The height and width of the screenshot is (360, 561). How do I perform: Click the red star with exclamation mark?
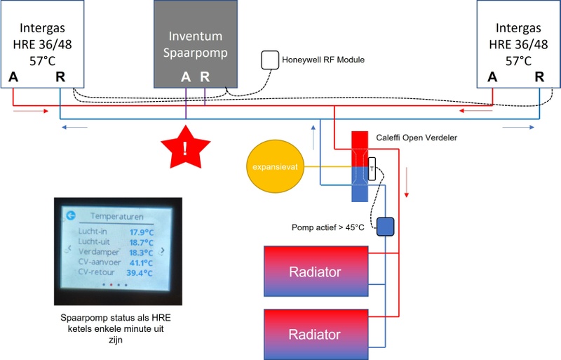tap(185, 148)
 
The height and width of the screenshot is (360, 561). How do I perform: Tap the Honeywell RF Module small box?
tap(270, 60)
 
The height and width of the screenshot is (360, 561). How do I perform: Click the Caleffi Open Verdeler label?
tap(417, 138)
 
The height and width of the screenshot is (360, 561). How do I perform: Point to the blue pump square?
tap(386, 226)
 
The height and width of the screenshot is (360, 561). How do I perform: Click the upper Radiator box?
tap(316, 272)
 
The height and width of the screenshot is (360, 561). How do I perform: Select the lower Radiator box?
tap(316, 333)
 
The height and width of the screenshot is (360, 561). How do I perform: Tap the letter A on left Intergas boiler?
tap(13, 76)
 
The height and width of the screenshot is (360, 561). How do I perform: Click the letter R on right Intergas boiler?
tap(539, 77)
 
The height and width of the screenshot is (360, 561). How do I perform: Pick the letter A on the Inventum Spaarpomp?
tap(186, 77)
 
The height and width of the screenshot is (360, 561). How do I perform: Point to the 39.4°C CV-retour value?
tap(141, 272)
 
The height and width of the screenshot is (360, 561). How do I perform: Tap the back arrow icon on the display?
tap(71, 216)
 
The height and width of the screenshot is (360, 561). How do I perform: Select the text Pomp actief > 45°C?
tap(327, 227)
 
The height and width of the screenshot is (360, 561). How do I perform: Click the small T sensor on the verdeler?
tap(372, 168)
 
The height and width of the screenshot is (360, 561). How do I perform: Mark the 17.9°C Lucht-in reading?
tap(141, 232)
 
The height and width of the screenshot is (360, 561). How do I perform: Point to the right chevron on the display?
tap(163, 250)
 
